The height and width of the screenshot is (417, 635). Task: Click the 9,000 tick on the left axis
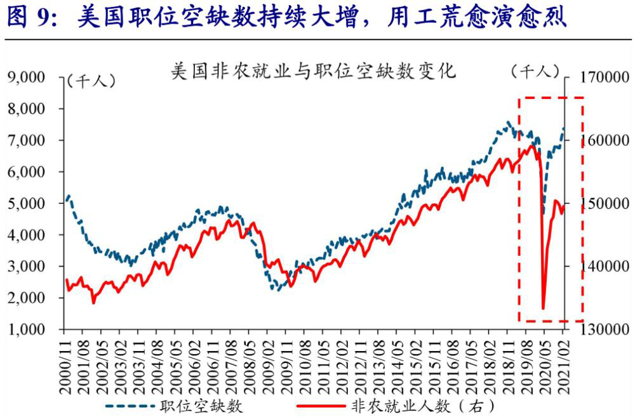26,77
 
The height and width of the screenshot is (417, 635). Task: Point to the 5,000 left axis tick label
26,203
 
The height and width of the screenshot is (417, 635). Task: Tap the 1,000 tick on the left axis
26,329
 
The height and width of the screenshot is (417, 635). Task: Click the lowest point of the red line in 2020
544,309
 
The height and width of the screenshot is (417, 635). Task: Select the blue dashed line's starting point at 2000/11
67,200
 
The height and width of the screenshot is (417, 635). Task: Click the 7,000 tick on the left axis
26,140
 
